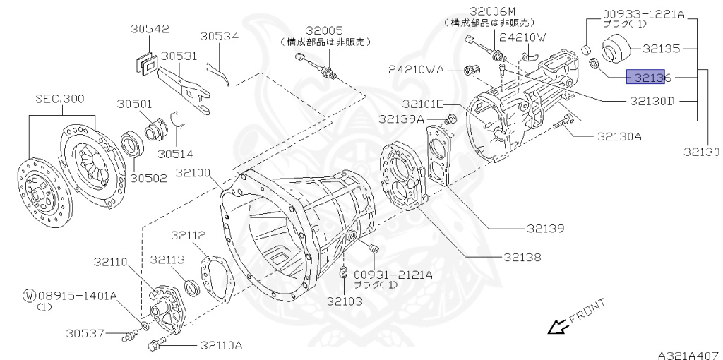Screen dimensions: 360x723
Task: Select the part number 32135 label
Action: pos(662,49)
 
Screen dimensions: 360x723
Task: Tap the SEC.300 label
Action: pos(60,98)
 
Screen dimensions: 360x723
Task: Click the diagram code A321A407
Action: pos(688,353)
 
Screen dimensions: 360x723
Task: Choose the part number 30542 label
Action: pos(150,29)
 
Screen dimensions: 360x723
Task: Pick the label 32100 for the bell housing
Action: pos(194,172)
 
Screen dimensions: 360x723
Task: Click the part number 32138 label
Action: pos(523,257)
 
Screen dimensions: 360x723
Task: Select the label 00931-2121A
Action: pos(393,274)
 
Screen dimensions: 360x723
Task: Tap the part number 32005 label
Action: pos(324,31)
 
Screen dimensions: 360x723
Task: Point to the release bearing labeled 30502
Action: pos(132,147)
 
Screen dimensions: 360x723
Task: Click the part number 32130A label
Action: pos(619,136)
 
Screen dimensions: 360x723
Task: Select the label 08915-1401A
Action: pos(77,295)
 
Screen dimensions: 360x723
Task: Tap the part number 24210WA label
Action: pos(416,69)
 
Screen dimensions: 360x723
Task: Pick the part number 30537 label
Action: pos(85,333)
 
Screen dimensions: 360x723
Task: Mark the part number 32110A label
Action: pos(221,345)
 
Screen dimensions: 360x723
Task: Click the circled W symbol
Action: pos(29,295)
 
